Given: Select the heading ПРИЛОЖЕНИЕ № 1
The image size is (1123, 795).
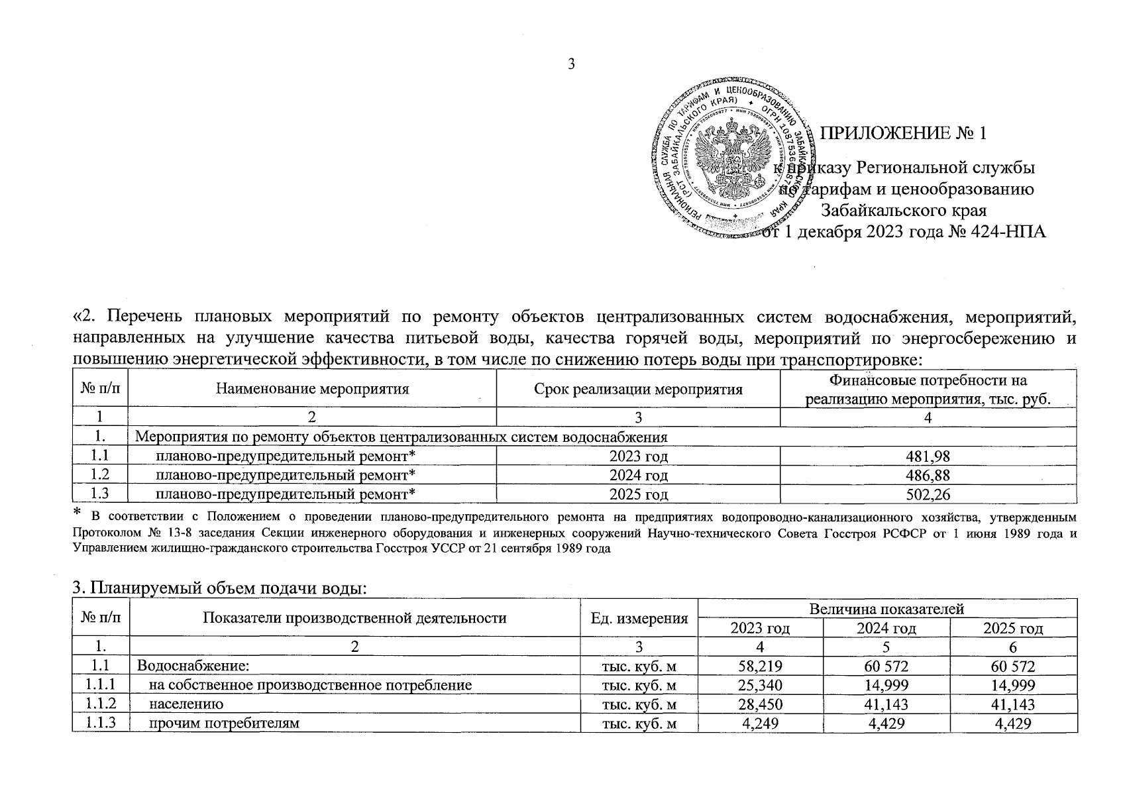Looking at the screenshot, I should point(904,133).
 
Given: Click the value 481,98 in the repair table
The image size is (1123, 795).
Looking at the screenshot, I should point(928,456).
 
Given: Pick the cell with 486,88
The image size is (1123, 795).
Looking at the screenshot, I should point(928,475).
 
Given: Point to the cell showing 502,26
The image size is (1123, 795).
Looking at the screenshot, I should point(928,494).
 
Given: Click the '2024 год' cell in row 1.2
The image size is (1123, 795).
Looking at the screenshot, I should point(638,475).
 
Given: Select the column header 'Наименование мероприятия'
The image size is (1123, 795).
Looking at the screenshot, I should point(312,389).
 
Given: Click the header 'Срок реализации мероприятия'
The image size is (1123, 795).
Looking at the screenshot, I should point(638,389).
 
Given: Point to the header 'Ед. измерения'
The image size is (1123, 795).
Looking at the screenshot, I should point(639,618).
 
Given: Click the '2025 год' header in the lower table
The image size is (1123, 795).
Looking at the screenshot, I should point(1013,628).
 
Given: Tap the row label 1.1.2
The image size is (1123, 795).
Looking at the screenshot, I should point(100,704).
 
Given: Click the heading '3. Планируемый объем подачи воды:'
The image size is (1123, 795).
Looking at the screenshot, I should point(219,588).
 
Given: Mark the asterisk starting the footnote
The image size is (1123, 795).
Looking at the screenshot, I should point(76,513).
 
